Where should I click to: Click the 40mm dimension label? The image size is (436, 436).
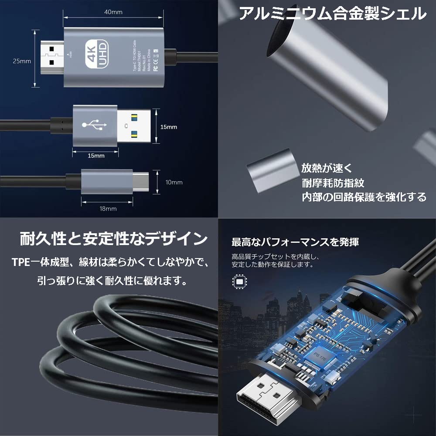pos(113,12)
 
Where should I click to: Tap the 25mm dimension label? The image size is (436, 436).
pos(22,61)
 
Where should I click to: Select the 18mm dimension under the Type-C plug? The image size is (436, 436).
pos(108,208)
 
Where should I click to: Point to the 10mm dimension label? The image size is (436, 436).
pos(174,182)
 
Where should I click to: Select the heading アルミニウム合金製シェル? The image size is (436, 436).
pos(332,14)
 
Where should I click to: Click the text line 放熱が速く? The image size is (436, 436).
pos(327,168)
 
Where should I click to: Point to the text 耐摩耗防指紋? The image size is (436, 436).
pos(333,183)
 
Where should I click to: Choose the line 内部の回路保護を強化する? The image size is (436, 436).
pos(364,197)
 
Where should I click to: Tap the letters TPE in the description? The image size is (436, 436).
pos(20,262)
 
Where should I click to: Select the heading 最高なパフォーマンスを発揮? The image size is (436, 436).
pos(295,242)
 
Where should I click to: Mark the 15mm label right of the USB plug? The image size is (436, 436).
pos(169,127)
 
